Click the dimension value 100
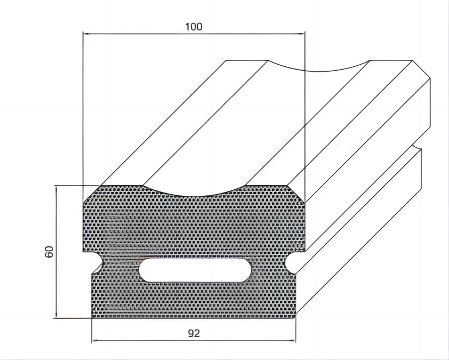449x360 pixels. pos(194,27)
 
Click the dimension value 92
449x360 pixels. pos(194,333)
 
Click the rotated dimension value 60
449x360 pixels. pos(49,252)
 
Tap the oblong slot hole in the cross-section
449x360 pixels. pos(195,270)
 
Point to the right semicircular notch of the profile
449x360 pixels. pos(290,262)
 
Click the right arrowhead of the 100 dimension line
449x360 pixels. pos(302,34)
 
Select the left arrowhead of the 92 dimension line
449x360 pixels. pos(95,341)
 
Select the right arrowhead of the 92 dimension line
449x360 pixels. pos(292,341)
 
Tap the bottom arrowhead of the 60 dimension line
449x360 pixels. pos(57,314)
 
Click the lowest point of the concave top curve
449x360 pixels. pos(195,197)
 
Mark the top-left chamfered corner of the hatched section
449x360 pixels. pos(92,194)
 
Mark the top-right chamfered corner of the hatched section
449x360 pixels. pos(296,194)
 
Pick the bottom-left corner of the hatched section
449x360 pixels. pos(92,318)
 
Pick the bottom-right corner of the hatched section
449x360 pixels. pos(296,318)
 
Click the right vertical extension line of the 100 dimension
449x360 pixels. pos(305,117)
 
